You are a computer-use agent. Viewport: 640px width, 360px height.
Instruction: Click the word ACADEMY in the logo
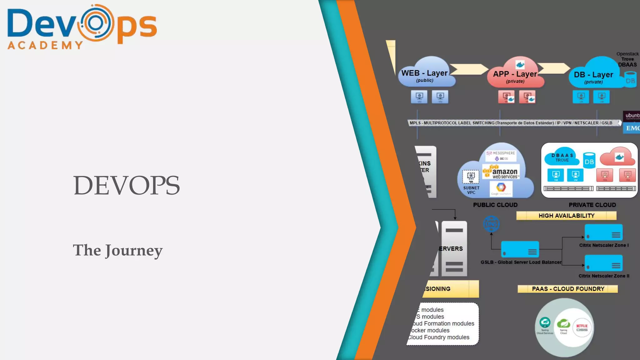[45, 45]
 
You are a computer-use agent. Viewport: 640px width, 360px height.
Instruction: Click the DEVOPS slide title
[126, 185]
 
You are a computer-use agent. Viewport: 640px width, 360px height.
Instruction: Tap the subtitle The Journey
[118, 250]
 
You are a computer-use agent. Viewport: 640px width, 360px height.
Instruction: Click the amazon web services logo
[501, 172]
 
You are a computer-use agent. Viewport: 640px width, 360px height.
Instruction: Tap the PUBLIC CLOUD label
[495, 205]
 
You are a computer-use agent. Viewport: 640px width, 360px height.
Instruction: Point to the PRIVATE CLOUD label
[592, 205]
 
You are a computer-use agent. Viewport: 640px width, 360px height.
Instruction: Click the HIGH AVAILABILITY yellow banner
[566, 216]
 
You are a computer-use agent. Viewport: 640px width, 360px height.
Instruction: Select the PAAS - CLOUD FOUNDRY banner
[568, 289]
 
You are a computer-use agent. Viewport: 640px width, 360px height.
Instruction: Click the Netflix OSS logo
[582, 328]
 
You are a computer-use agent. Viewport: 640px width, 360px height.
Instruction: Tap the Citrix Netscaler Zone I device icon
[603, 232]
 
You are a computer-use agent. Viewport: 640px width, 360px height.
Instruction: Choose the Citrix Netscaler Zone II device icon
[603, 263]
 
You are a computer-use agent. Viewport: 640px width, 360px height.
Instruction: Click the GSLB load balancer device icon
[520, 249]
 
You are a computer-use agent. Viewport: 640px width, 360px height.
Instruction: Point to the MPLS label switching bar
[512, 123]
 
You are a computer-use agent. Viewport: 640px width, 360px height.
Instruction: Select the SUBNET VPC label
[471, 190]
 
